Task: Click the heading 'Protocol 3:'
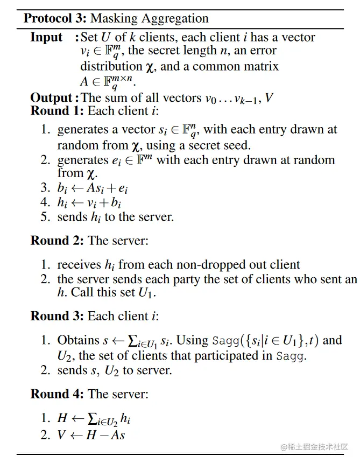point(54,18)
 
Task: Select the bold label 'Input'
point(46,38)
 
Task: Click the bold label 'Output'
point(51,97)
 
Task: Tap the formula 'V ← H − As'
point(91,434)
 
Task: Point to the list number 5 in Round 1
point(45,217)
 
